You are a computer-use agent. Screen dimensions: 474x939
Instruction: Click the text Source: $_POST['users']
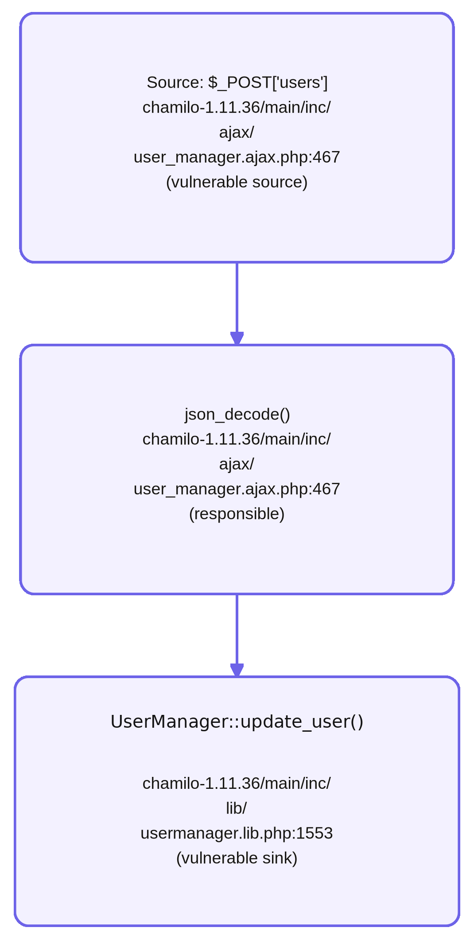click(x=237, y=83)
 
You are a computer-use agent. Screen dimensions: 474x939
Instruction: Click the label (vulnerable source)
click(x=237, y=182)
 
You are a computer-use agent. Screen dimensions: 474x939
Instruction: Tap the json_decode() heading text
click(x=237, y=415)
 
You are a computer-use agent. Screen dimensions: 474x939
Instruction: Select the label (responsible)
click(x=237, y=514)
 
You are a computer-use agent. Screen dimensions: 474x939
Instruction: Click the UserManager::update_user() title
click(x=237, y=722)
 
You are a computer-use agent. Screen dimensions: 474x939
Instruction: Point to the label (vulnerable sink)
click(x=237, y=858)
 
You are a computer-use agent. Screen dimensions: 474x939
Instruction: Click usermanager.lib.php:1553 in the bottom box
click(x=237, y=833)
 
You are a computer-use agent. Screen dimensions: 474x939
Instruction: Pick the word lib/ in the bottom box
click(x=237, y=808)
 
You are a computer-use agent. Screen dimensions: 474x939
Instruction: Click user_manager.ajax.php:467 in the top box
click(x=237, y=157)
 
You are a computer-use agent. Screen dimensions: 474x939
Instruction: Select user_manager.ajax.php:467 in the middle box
click(x=237, y=489)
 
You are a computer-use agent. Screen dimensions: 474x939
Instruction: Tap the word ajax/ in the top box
click(x=237, y=132)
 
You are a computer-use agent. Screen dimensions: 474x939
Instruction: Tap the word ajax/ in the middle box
click(x=237, y=464)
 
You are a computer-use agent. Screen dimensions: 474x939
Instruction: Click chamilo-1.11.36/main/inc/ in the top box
click(x=237, y=108)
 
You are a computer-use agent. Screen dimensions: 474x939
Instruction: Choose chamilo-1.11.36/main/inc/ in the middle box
click(x=237, y=439)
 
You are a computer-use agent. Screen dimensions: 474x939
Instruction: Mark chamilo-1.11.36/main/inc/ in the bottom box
click(x=237, y=784)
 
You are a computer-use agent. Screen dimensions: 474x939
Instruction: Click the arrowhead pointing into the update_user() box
click(x=237, y=670)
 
